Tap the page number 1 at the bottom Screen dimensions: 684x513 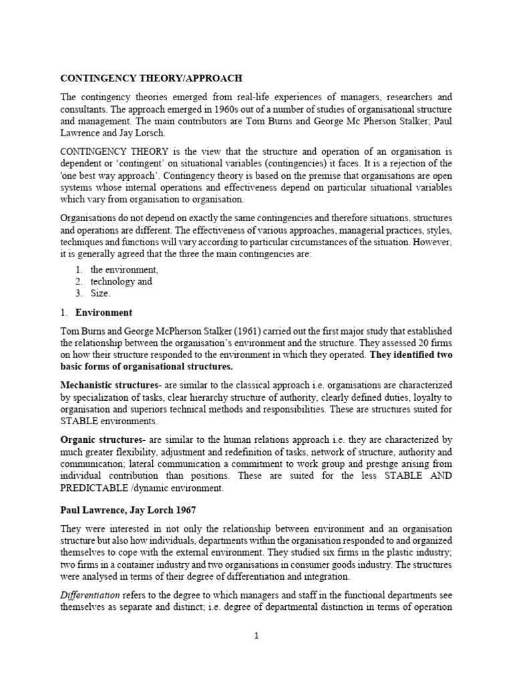(x=256, y=636)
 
